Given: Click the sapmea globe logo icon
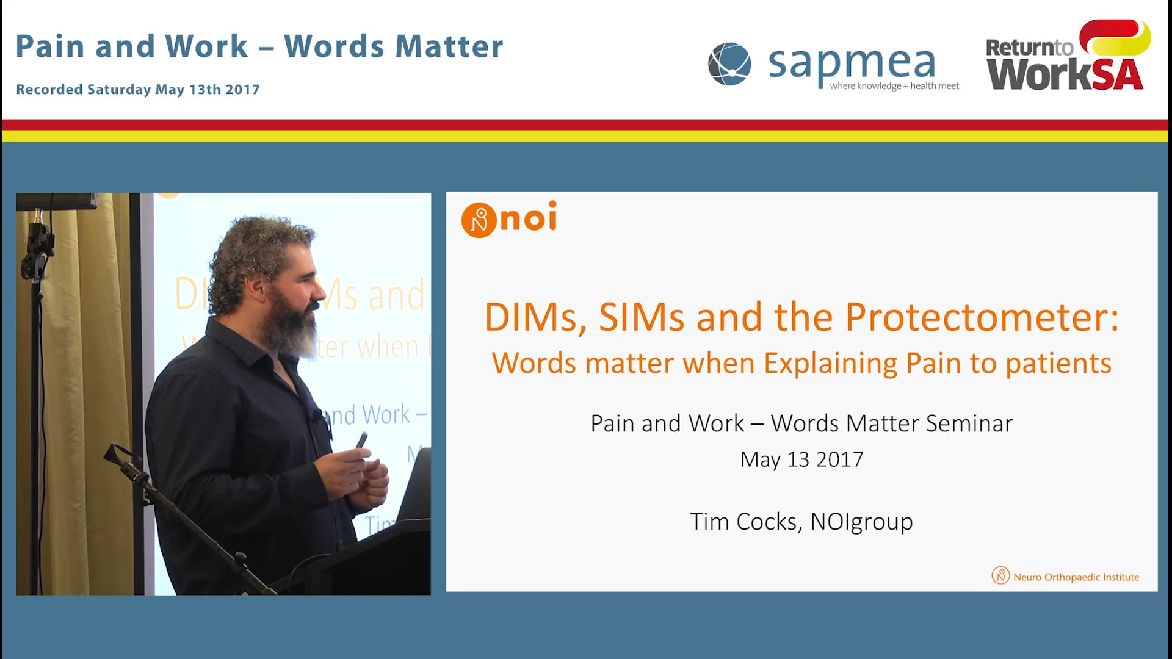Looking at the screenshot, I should pos(729,64).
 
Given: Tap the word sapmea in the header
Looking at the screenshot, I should pos(852,63).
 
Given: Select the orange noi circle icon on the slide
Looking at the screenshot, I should pos(479,220).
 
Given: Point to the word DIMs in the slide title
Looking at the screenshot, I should pos(531,318).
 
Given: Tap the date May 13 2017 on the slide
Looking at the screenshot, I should pos(801,459).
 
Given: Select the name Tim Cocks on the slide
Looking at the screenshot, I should pos(743,522).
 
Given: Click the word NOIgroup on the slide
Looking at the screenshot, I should pos(861,522).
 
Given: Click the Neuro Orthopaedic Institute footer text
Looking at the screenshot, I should pos(1076,577).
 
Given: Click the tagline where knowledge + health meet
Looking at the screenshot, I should pos(894,86).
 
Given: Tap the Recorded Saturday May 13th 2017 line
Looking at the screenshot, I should pos(138,90).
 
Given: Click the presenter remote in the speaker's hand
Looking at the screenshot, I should pos(361,441).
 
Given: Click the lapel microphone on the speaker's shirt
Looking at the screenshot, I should pos(316,417).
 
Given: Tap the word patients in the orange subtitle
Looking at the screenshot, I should pos(1058,364).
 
